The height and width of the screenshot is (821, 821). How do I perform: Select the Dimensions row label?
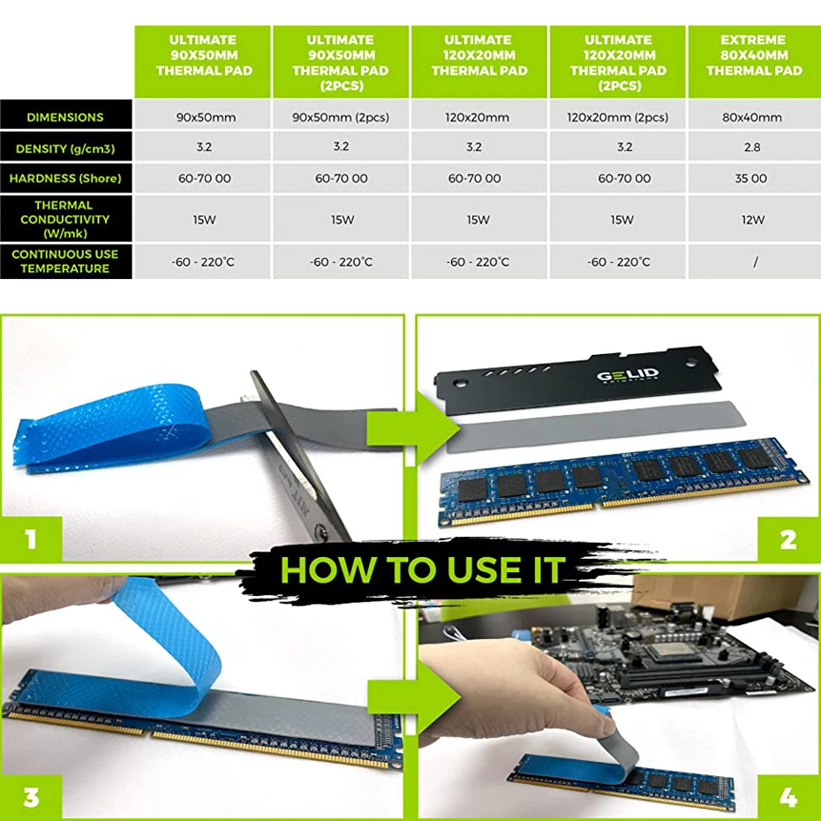(65, 117)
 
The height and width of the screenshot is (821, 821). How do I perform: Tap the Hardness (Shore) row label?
(65, 178)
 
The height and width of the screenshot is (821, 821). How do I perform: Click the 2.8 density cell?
(752, 147)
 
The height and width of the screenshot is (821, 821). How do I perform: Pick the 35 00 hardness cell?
(751, 178)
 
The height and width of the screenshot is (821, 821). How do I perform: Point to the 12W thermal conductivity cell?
(753, 220)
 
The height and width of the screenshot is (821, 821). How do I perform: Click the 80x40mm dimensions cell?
(752, 117)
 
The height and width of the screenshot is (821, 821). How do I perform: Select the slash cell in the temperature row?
(755, 262)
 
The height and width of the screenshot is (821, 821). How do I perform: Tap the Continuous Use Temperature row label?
(65, 261)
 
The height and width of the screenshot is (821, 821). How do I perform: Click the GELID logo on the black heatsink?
(628, 375)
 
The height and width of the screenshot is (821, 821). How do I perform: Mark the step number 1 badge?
(31, 539)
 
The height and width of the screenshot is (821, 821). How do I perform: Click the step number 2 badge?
(788, 539)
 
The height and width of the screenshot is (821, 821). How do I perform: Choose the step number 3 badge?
(31, 797)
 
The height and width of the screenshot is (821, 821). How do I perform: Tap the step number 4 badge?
(788, 797)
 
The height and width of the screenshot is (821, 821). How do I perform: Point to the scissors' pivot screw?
(321, 533)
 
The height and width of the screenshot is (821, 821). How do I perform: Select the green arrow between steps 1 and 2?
(414, 428)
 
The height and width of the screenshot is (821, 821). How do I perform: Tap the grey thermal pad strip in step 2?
(596, 426)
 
